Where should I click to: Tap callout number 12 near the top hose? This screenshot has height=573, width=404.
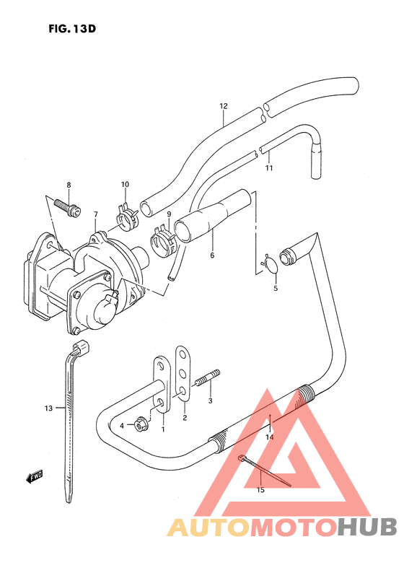point(224,106)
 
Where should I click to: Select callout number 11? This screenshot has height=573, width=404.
point(268,169)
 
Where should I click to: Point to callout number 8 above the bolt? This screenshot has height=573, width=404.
point(69,185)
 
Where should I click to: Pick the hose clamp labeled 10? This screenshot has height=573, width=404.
point(127,214)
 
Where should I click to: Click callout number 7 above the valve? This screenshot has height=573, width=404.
point(95,214)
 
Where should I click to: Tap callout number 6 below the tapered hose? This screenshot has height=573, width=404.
point(212,255)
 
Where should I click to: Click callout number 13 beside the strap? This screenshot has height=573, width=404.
point(48,408)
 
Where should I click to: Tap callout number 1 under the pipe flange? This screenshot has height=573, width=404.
point(163,430)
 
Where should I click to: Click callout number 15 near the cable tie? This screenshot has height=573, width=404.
point(261,489)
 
